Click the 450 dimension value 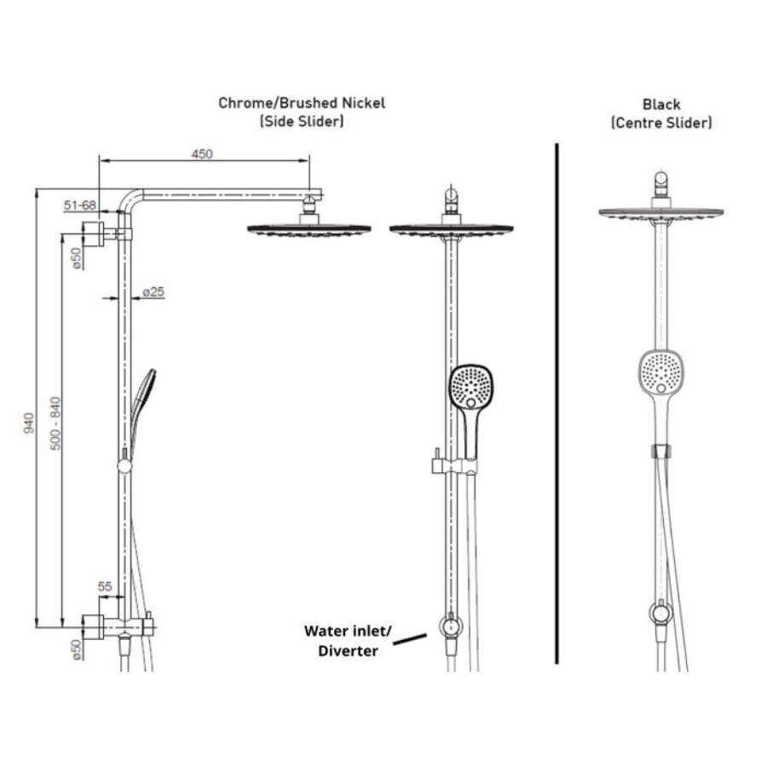click(x=201, y=153)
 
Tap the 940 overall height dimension click(x=27, y=422)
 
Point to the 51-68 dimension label click(x=78, y=205)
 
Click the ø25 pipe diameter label click(x=153, y=291)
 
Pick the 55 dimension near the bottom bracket click(x=105, y=586)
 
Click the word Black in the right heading click(x=661, y=104)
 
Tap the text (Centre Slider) click(x=661, y=123)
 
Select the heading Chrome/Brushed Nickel click(x=302, y=103)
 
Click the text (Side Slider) click(x=302, y=122)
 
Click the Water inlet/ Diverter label click(x=348, y=641)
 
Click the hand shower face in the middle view click(x=471, y=387)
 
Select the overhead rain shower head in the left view click(x=309, y=229)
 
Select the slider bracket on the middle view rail click(x=452, y=465)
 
